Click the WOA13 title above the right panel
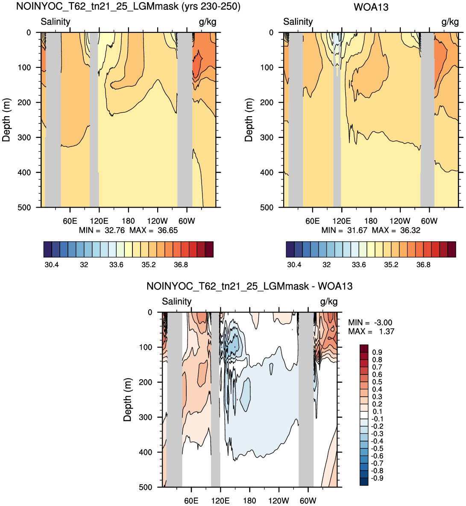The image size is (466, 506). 371,7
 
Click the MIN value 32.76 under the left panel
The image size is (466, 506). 114,231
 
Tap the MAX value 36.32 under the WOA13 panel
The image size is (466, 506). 410,231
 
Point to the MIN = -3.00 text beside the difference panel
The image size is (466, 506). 370,322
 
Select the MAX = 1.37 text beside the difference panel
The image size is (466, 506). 371,331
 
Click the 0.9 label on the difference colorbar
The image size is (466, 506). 377,352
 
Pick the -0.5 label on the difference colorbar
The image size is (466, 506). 377,448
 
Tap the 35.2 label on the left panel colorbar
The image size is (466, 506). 149,265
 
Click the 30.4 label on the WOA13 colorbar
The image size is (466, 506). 294,265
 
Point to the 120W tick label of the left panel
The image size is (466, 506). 158,221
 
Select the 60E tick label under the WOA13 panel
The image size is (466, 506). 312,221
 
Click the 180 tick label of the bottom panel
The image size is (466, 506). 249,501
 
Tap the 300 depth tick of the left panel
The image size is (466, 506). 24,137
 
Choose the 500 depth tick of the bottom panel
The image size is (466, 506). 146,487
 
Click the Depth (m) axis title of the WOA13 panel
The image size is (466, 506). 249,120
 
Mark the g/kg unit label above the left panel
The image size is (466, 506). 208,22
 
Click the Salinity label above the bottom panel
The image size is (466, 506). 176,301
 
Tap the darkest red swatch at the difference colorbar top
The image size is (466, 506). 364,348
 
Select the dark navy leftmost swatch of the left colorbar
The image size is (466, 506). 47,249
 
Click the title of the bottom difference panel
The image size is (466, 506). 249,286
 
